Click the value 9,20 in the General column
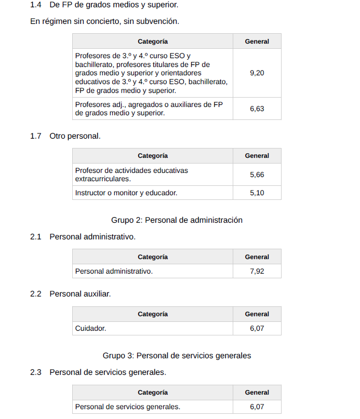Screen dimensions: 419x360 coord(257,73)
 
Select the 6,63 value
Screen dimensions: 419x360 coord(257,109)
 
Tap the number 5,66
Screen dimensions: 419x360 coord(257,174)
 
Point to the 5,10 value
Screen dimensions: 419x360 coord(257,193)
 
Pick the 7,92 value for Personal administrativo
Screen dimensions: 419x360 coord(257,271)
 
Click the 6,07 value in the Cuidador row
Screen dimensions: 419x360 coord(257,328)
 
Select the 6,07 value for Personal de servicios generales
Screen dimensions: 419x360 coord(257,407)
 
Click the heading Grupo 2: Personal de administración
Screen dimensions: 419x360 coord(177,220)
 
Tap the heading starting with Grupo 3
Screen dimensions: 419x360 coord(177,356)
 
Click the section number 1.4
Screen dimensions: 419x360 coord(35,5)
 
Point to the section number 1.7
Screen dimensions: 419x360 coord(35,136)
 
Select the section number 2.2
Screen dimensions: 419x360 coord(35,294)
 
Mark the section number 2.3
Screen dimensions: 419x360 coord(35,372)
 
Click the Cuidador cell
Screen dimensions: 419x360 coord(91,328)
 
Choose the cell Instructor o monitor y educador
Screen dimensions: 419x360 coord(126,193)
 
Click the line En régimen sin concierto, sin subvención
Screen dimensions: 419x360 coord(104,22)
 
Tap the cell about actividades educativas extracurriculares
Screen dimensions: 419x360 coord(131,174)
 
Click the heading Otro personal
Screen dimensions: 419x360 coord(75,136)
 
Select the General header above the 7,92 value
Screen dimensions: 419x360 coord(257,257)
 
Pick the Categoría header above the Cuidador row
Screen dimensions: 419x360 coord(152,314)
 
